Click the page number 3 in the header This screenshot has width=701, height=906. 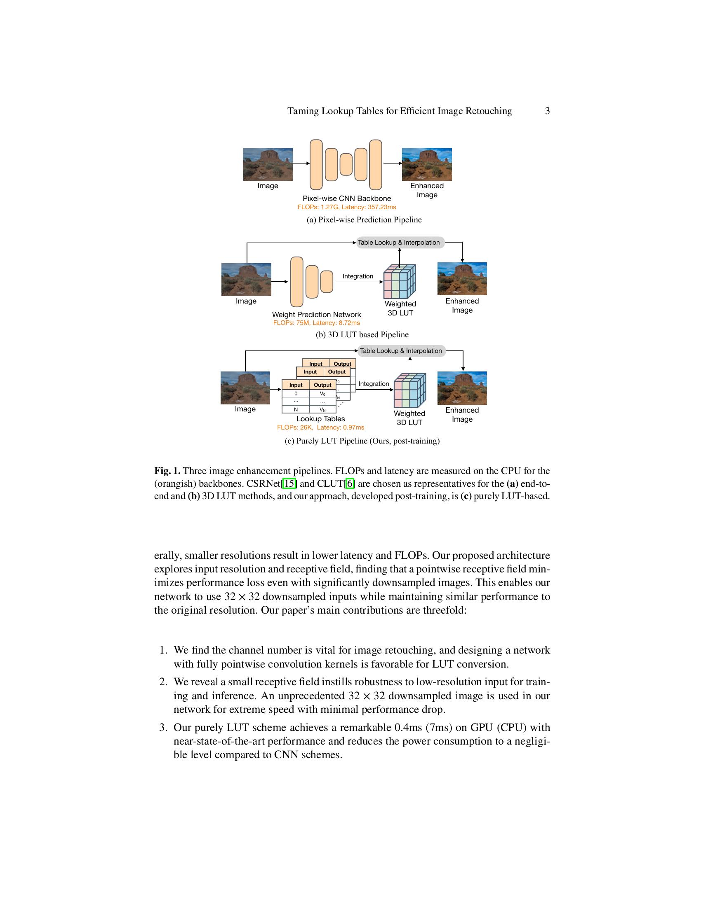tap(547, 111)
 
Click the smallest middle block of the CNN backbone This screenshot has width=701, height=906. tap(346, 164)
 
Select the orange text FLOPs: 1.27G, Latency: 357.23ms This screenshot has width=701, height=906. tap(346, 207)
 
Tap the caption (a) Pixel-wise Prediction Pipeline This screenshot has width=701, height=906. tap(364, 220)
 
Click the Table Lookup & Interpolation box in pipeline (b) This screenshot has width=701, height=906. tap(400, 243)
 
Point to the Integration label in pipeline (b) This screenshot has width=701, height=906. tap(358, 276)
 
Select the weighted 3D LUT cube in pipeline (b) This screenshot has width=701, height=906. tap(400, 282)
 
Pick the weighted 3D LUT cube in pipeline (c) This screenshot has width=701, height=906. tap(409, 390)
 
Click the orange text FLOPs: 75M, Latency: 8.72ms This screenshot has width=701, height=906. tap(316, 323)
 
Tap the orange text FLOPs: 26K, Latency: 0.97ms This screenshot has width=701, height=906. tap(320, 427)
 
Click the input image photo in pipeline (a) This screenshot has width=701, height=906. tap(268, 164)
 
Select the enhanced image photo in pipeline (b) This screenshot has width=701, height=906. tap(462, 279)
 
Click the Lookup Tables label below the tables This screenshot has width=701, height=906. tap(320, 419)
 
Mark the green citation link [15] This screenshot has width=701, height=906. tap(289, 484)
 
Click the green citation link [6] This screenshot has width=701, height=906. tap(350, 484)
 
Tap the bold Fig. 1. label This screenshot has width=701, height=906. tap(167, 471)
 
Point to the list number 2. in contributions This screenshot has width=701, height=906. tap(163, 682)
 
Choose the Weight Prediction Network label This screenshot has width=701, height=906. tap(316, 315)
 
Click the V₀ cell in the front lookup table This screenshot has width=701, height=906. tap(322, 394)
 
